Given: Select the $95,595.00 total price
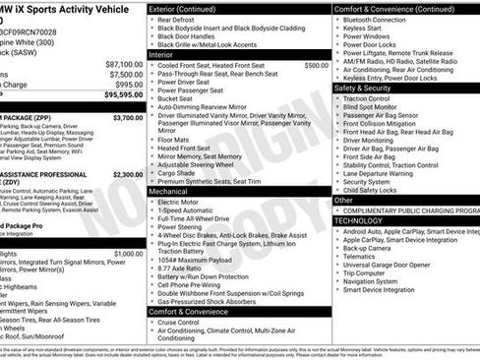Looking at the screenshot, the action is click(123, 95).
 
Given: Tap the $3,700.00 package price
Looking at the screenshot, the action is click(127, 117).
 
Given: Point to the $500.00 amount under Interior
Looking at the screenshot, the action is click(316, 65).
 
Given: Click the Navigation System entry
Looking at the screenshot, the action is click(378, 281).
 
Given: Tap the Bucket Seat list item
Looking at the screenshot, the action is click(175, 98).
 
